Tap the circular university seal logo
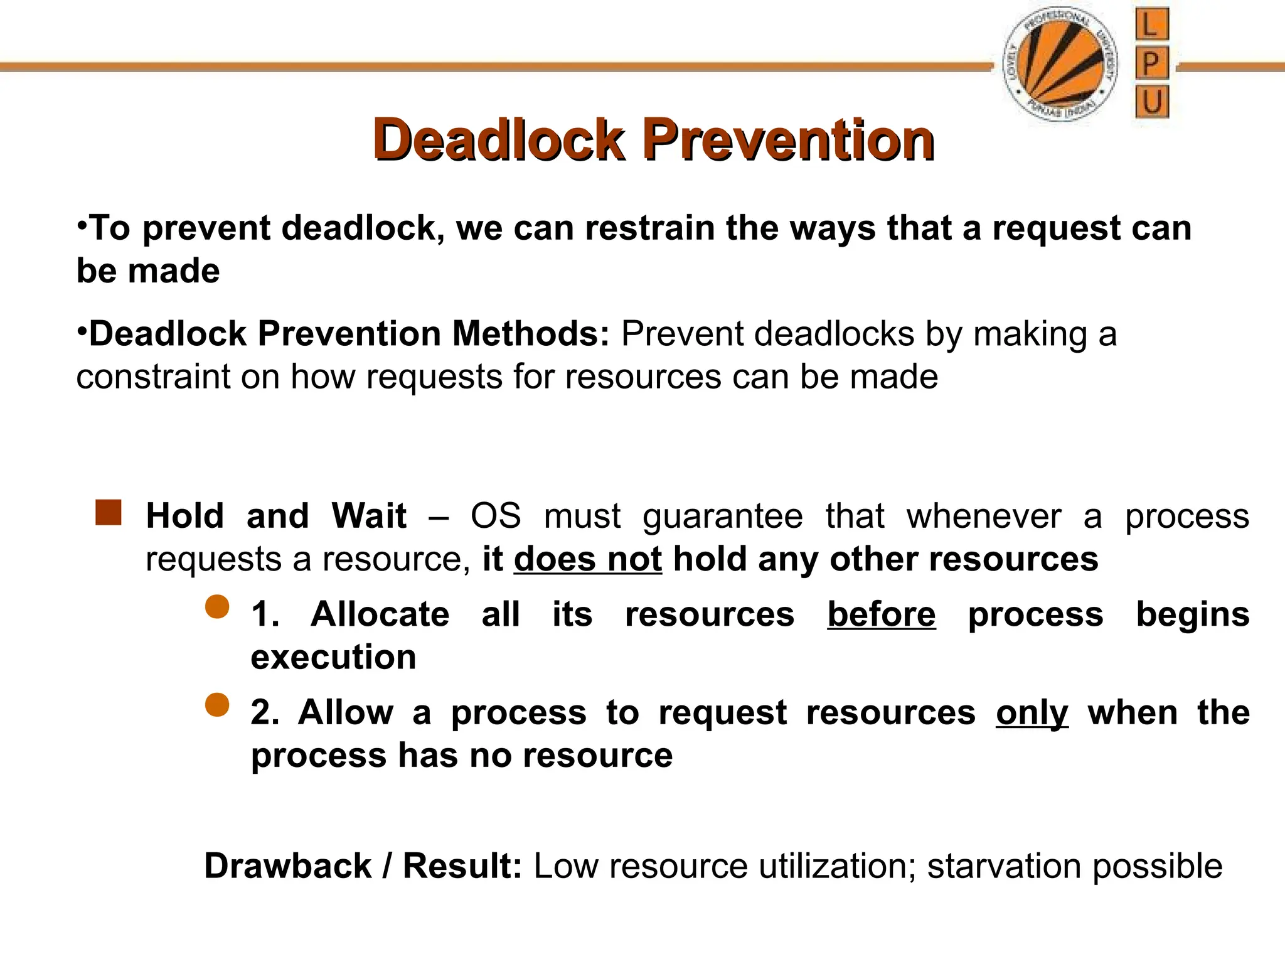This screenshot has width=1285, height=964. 1059,65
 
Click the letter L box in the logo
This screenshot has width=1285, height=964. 1151,25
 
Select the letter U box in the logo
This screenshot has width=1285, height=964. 1151,102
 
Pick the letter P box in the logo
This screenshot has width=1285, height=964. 1151,63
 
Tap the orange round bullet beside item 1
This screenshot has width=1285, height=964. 217,607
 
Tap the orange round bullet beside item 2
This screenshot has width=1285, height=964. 217,705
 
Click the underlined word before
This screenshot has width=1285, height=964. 881,614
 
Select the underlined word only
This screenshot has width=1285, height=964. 1032,712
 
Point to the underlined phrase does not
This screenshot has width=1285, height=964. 588,559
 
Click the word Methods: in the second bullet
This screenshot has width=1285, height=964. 531,333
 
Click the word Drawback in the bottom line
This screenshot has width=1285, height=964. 288,866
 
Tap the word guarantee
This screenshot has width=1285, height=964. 722,517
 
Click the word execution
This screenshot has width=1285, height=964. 333,657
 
